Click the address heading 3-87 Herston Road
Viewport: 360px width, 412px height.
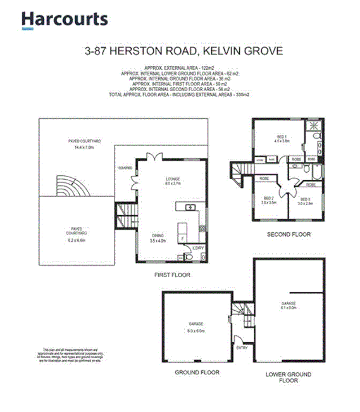tap(183, 50)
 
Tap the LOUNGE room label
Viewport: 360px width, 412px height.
tap(173, 179)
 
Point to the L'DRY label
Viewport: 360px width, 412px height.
tap(197, 248)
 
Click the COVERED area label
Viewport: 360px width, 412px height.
tap(125, 168)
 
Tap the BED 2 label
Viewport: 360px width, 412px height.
tap(269, 199)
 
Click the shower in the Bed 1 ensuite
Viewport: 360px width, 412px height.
tap(314, 125)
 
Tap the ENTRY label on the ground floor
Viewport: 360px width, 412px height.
tap(241, 347)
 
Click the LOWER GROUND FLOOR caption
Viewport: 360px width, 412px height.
tap(289, 378)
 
